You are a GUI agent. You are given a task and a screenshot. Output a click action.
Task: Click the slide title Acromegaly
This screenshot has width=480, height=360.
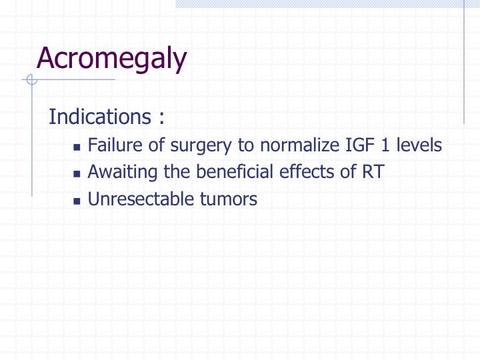pyautogui.click(x=112, y=59)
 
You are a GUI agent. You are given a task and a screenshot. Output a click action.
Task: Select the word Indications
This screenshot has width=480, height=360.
pyautogui.click(x=100, y=117)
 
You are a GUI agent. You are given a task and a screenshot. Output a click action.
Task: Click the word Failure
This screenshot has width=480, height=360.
pyautogui.click(x=115, y=145)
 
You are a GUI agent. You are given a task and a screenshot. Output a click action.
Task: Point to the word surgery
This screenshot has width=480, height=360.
pyautogui.click(x=201, y=146)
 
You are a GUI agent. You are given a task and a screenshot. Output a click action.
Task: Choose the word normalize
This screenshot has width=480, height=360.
pyautogui.click(x=299, y=145)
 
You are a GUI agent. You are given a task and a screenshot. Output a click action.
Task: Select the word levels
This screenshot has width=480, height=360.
pyautogui.click(x=419, y=145)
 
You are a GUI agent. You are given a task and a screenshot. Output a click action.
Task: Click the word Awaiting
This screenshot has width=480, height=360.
pyautogui.click(x=123, y=173)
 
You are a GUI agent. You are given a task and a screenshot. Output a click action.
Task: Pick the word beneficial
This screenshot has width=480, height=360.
pyautogui.click(x=234, y=171)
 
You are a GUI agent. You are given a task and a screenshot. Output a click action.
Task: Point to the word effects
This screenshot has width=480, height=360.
pyautogui.click(x=307, y=171)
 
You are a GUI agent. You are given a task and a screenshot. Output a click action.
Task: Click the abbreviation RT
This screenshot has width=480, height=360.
pyautogui.click(x=373, y=172)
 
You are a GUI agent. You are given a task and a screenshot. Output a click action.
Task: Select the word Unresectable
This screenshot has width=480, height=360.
pyautogui.click(x=140, y=199)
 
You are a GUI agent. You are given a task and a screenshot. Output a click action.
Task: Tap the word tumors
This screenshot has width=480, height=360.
pyautogui.click(x=229, y=199)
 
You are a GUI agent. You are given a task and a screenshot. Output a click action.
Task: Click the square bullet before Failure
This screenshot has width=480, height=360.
pyautogui.click(x=77, y=147)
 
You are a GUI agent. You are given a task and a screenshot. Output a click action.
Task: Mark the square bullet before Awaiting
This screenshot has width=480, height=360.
pyautogui.click(x=77, y=174)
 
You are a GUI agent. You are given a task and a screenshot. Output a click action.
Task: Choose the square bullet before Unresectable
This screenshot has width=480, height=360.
pyautogui.click(x=77, y=201)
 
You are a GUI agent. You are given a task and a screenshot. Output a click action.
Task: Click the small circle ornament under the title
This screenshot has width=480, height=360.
pyautogui.click(x=32, y=79)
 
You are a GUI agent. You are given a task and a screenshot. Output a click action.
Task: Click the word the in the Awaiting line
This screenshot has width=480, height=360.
pyautogui.click(x=177, y=171)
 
